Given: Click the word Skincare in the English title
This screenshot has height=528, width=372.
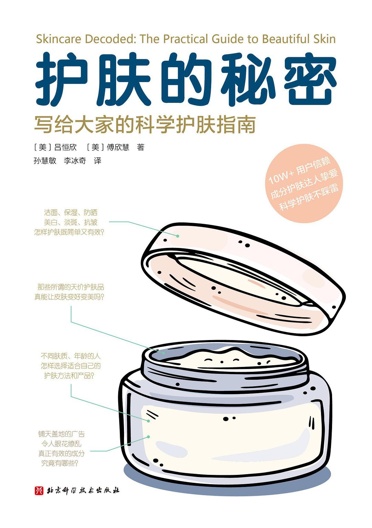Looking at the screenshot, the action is pyautogui.click(x=59, y=39).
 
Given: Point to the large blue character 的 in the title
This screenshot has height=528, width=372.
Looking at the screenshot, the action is pyautogui.click(x=185, y=79).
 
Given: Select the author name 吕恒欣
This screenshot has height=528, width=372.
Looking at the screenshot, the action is pyautogui.click(x=65, y=147).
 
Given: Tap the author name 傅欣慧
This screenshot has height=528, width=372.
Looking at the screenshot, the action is pyautogui.click(x=118, y=147).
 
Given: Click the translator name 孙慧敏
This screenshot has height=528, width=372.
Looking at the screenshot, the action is pyautogui.click(x=45, y=160).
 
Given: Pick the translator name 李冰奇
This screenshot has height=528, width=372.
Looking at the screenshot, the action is pyautogui.click(x=75, y=160).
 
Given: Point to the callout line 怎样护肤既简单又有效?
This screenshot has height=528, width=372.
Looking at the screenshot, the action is pyautogui.click(x=69, y=232).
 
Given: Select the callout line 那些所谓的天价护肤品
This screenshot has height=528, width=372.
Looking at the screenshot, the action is pyautogui.click(x=71, y=287).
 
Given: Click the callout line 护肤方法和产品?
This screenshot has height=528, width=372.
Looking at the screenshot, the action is pyautogui.click(x=69, y=376).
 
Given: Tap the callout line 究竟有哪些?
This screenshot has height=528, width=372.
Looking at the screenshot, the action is pyautogui.click(x=60, y=463).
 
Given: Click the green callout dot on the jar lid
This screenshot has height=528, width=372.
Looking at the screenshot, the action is pyautogui.click(x=178, y=236).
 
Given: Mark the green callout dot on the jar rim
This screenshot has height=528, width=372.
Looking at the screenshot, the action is pyautogui.click(x=164, y=353).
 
